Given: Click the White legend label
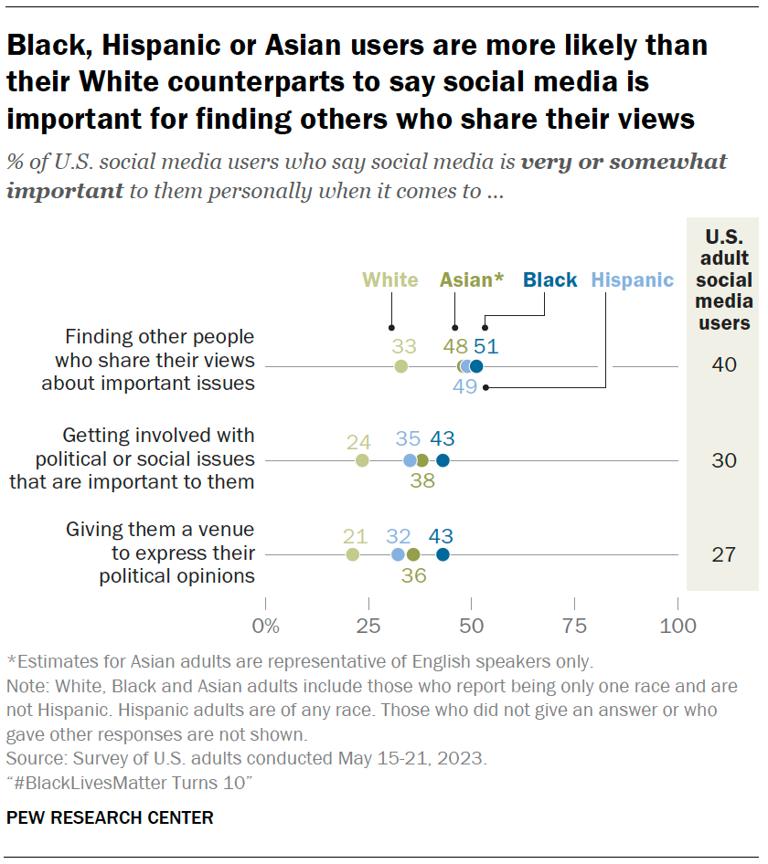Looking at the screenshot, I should (389, 280).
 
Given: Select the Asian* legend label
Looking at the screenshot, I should (471, 280).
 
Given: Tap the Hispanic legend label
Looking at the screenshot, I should (632, 280).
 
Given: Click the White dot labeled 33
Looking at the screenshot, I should (401, 366).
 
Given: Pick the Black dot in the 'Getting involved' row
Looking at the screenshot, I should (443, 460).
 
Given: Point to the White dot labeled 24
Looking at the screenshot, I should (363, 460).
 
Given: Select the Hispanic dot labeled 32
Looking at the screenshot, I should (398, 554).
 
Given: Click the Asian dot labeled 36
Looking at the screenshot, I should (413, 554).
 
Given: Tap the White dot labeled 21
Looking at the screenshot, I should (353, 554).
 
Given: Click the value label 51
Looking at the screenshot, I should (485, 346).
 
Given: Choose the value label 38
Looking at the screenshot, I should (421, 480).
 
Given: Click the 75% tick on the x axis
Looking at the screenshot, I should (574, 627).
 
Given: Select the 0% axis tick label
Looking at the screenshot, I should (266, 627).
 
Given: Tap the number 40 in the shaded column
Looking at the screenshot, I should (723, 365).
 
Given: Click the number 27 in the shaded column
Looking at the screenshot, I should (723, 554).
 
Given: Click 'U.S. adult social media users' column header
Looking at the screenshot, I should (723, 279).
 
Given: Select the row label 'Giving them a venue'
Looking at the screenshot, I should (160, 531).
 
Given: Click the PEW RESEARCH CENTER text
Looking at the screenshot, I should (110, 817).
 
